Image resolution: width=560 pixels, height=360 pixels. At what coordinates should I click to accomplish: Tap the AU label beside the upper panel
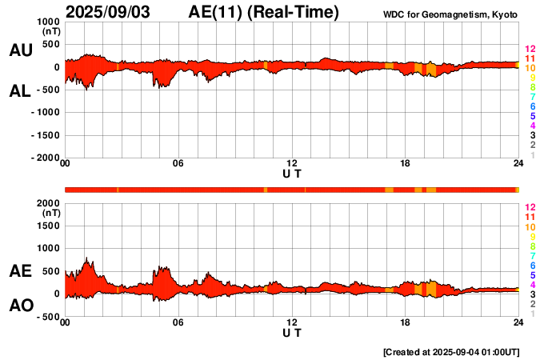click(20, 50)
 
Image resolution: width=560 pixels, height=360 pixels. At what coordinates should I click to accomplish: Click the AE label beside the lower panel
click(20, 271)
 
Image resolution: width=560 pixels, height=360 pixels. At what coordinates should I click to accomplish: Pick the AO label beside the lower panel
click(20, 306)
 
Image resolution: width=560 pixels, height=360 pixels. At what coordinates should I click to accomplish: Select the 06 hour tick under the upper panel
click(178, 164)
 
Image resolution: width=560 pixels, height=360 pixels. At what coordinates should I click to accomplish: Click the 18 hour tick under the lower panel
click(406, 322)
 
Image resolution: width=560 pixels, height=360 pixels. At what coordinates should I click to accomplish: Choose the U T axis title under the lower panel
click(292, 332)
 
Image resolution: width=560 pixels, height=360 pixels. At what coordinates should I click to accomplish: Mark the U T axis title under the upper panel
click(292, 174)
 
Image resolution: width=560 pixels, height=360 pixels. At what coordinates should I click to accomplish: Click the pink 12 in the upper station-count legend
click(530, 50)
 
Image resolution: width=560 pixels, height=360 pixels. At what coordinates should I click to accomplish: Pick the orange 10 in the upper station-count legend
click(530, 69)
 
